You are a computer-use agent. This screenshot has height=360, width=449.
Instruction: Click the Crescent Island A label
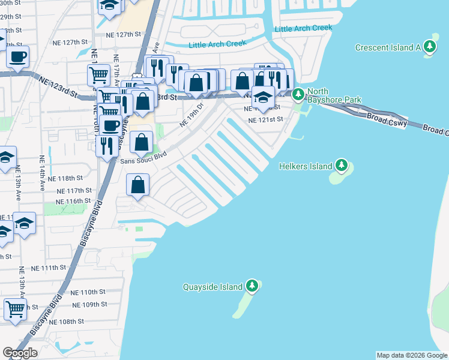click(x=388, y=47)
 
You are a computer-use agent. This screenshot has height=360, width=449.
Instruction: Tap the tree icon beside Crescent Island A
click(x=429, y=47)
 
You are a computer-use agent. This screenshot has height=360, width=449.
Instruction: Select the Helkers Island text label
click(x=306, y=166)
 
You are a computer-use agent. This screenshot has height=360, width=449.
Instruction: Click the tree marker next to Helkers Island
click(x=342, y=164)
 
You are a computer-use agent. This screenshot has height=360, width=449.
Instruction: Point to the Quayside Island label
click(x=212, y=287)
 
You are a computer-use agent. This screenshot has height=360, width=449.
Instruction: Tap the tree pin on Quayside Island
click(x=252, y=286)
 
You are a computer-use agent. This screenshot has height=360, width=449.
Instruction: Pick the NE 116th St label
click(x=73, y=201)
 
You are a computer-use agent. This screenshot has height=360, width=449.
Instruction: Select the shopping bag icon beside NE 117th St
click(x=138, y=186)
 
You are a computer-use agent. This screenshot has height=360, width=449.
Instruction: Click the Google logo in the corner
click(x=20, y=353)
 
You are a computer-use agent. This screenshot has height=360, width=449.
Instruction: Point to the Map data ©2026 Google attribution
click(x=411, y=355)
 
